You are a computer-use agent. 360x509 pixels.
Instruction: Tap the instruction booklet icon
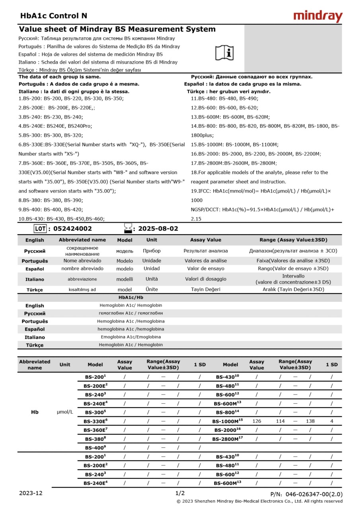tap(225, 52)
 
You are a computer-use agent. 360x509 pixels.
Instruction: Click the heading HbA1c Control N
tap(53, 16)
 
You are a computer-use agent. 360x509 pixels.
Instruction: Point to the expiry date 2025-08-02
tap(158, 229)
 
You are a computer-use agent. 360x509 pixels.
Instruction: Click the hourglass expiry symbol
tap(128, 228)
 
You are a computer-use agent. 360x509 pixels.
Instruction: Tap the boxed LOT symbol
tap(40, 229)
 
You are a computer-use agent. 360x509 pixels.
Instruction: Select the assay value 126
tap(257, 421)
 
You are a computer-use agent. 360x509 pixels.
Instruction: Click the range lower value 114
tap(280, 421)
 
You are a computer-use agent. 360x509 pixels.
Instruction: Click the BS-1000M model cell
tap(228, 421)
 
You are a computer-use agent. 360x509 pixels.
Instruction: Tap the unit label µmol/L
tap(65, 412)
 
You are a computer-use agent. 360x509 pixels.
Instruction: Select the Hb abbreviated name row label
tap(35, 412)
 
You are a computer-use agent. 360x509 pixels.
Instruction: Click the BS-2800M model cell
tap(227, 439)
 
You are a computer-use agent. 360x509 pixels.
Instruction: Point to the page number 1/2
tap(180, 493)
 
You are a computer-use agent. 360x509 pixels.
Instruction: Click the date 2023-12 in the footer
tap(31, 493)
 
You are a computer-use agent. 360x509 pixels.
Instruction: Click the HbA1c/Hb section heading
tap(131, 297)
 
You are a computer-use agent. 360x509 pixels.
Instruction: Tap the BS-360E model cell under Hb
tap(95, 430)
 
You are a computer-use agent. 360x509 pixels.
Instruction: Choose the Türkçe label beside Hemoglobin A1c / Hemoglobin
tap(35, 345)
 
